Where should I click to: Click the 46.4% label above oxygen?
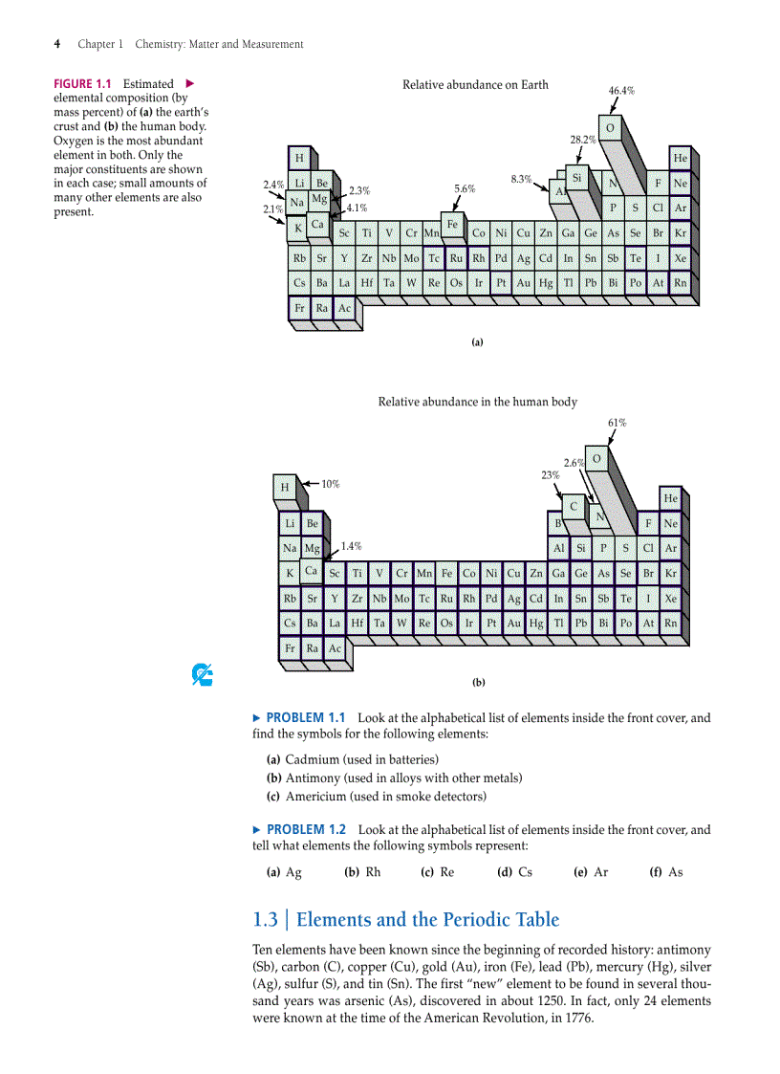click(x=621, y=91)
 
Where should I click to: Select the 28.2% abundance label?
click(x=582, y=140)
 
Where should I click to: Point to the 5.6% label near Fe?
click(x=465, y=189)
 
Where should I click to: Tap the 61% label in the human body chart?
click(x=617, y=423)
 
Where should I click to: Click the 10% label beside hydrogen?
click(x=330, y=484)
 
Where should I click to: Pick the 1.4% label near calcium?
click(x=351, y=546)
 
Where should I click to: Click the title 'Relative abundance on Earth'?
click(x=475, y=85)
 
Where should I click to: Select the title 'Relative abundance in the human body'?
click(x=477, y=402)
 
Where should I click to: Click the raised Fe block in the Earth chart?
click(x=452, y=224)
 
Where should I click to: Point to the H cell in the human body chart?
click(x=283, y=488)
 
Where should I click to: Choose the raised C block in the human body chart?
click(x=573, y=505)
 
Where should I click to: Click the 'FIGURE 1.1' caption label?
click(x=83, y=84)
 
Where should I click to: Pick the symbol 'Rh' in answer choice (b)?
click(x=372, y=871)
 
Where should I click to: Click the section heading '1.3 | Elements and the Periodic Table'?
click(x=405, y=919)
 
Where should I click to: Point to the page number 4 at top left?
click(x=58, y=44)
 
